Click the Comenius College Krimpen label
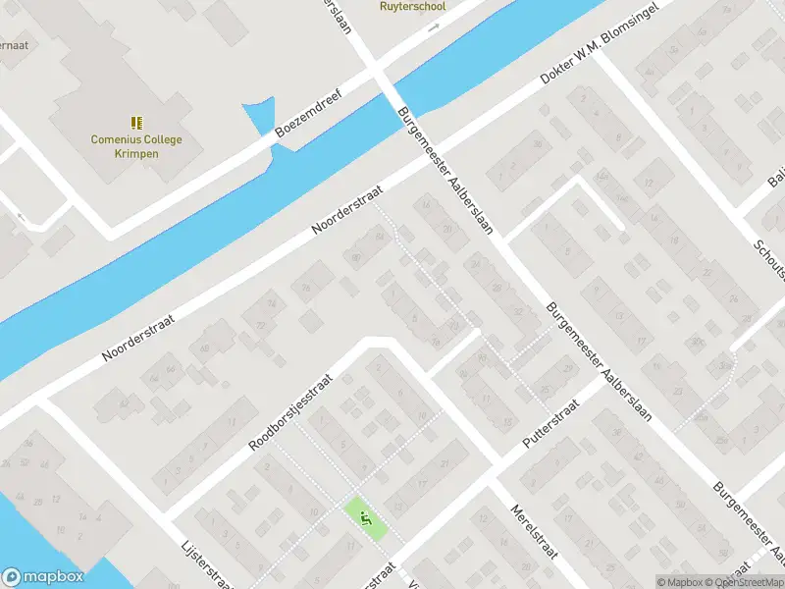pos(136,146)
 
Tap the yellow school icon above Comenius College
pos(136,123)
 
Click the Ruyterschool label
pos(412,6)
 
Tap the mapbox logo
pos(42,577)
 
